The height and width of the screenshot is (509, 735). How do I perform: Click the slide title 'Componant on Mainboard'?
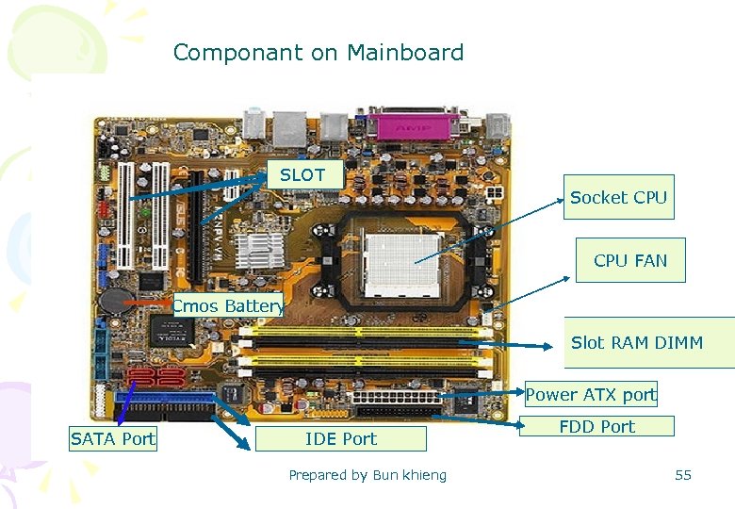point(318,53)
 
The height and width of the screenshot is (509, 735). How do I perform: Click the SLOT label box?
point(302,175)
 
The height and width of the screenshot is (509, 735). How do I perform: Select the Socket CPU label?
point(618,198)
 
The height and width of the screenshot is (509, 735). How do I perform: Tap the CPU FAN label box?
point(629,261)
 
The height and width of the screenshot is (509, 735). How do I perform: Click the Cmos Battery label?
point(227,305)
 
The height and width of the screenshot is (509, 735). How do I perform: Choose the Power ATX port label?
point(590,395)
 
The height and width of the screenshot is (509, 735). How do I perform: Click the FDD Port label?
point(596,427)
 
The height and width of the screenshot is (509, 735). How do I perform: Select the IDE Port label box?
point(340,439)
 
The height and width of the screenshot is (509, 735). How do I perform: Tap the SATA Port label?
point(113,439)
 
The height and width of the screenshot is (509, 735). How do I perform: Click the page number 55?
point(683,475)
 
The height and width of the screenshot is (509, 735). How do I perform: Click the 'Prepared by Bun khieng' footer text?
point(367,475)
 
